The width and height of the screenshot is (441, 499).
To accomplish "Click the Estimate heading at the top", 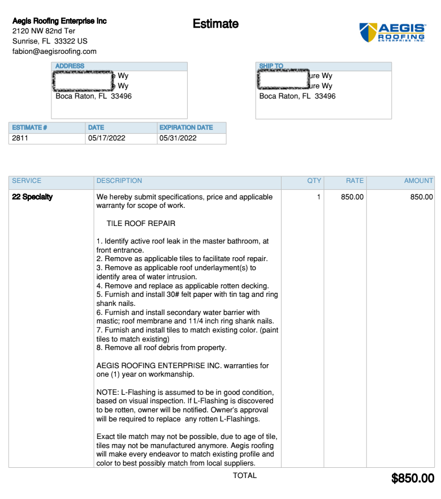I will click(215, 24).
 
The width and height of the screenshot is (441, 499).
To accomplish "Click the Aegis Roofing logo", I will click(392, 32).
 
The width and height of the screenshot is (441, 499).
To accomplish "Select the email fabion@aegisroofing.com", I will click(54, 52).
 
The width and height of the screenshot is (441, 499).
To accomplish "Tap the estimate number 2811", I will click(20, 138).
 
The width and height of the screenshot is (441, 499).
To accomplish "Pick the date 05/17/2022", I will click(106, 138).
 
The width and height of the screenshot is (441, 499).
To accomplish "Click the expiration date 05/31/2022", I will click(178, 138).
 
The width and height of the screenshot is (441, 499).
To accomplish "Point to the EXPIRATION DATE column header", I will click(186, 127).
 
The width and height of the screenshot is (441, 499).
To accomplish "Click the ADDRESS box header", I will click(70, 66).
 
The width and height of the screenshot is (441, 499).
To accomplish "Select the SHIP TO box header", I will click(271, 66).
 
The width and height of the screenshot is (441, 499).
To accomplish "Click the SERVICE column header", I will click(27, 181).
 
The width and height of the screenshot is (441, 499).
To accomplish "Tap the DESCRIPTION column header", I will click(119, 181).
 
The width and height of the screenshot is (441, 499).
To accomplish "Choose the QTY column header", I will click(314, 181).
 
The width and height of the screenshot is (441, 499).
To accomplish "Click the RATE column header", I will click(354, 181).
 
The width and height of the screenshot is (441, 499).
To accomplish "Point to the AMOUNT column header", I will click(418, 181).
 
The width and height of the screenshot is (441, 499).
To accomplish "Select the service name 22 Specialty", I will click(32, 197).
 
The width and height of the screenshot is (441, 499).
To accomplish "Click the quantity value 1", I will click(318, 197).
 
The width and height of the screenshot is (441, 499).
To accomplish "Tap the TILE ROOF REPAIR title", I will click(141, 224).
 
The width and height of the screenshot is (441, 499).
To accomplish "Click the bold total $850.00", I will click(413, 479).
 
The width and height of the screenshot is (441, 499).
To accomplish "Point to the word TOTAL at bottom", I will click(245, 476).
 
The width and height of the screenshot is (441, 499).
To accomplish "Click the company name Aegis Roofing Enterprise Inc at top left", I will click(59, 21).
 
